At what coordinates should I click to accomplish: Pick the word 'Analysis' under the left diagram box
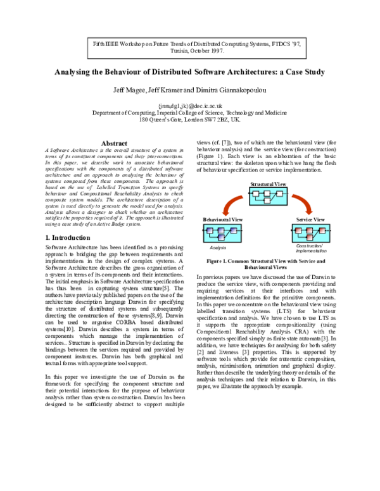click(217, 247)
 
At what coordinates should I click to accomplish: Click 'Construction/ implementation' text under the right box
click(310, 247)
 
